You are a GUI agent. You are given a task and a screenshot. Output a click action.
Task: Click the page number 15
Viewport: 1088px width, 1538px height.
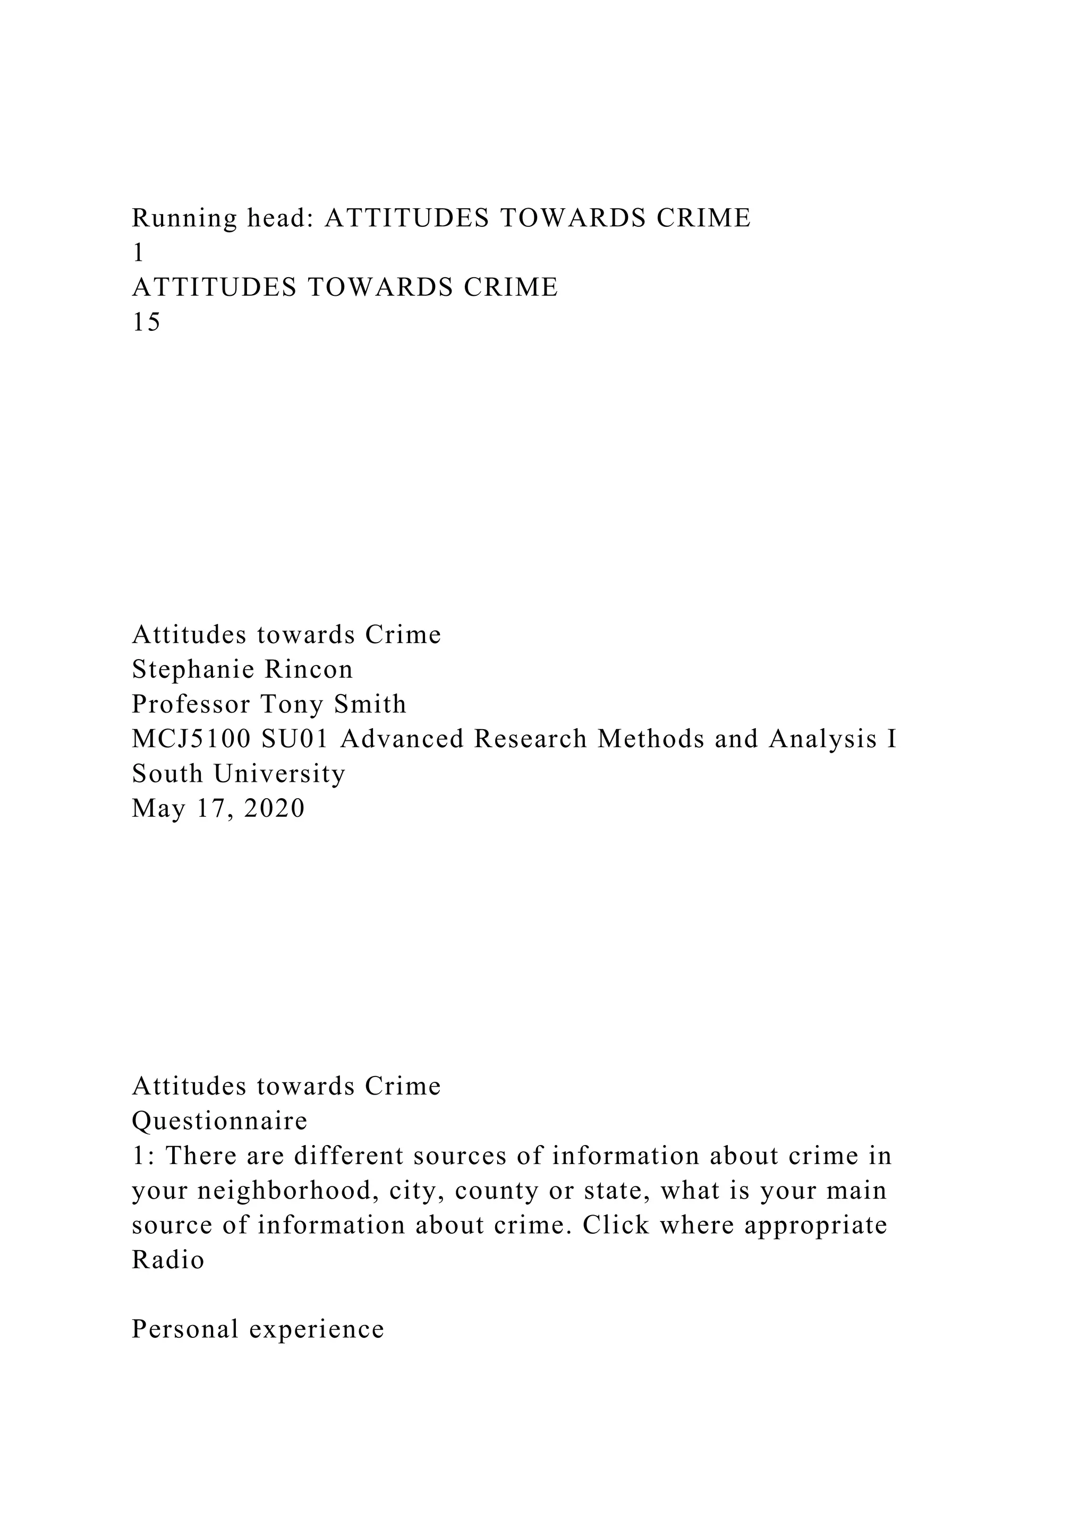point(147,323)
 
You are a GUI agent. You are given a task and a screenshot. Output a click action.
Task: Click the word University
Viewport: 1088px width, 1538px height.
point(280,774)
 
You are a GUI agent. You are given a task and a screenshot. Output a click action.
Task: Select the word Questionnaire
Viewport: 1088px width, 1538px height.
point(220,1121)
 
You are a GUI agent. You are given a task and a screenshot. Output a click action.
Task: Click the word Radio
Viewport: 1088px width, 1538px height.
point(168,1261)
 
